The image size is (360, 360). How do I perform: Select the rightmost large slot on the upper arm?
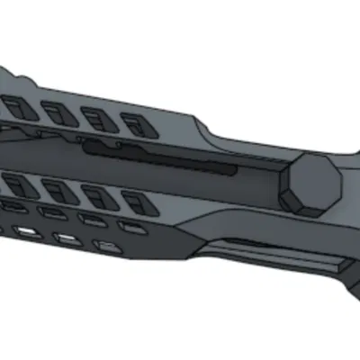(134, 124)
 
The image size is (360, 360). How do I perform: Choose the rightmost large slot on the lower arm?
(134, 202)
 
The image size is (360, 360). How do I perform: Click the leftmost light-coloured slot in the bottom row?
(27, 231)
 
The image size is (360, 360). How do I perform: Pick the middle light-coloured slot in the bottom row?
(66, 238)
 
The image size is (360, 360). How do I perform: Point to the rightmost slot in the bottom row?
(108, 246)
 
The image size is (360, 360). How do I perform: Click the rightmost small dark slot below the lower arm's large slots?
(134, 228)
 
